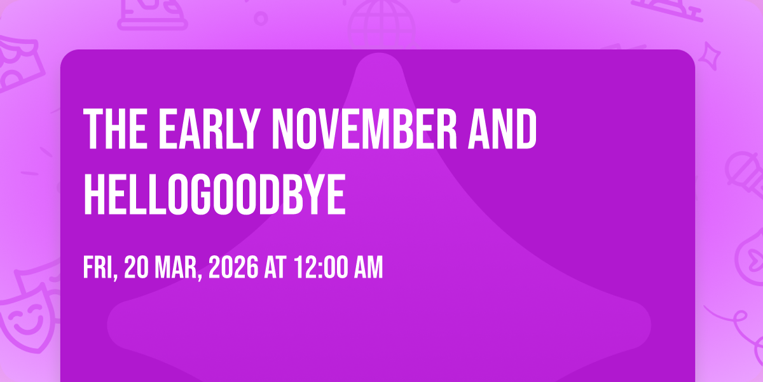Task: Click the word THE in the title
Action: click(116, 128)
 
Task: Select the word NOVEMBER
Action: click(364, 128)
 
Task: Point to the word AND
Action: click(502, 128)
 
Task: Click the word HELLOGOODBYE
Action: click(215, 194)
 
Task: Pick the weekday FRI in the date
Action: click(100, 268)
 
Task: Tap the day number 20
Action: click(136, 267)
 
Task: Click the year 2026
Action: click(233, 267)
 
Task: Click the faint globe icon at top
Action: click(381, 24)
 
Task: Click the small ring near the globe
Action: click(261, 18)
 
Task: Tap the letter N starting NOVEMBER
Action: click(283, 128)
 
